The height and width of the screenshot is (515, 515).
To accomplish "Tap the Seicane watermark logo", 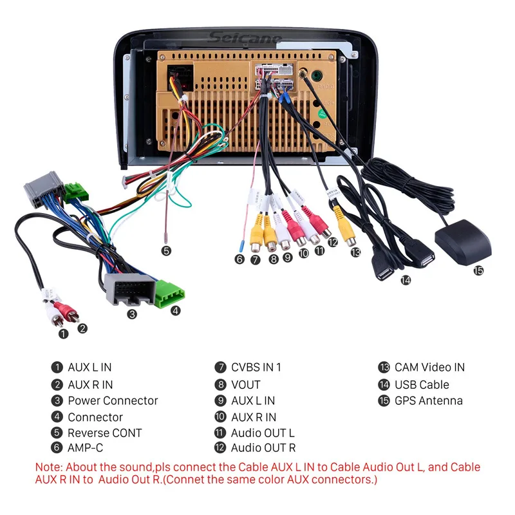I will (245, 38).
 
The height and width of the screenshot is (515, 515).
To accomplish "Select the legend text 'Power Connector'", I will (113, 400).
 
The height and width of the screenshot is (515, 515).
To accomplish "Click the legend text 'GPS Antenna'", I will (428, 400).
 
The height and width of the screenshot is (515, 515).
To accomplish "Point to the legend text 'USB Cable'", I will (422, 384).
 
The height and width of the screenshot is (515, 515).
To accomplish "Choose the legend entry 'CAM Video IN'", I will (429, 368).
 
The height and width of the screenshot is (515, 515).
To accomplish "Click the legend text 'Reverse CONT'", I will (104, 433).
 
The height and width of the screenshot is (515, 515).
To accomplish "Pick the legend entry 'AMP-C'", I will (86, 447).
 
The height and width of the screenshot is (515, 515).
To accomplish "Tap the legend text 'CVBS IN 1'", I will (256, 368).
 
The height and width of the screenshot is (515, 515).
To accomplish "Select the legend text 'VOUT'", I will (246, 384).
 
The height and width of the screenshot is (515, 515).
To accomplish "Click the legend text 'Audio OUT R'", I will (263, 447).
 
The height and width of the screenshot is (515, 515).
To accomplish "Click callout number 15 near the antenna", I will (478, 271).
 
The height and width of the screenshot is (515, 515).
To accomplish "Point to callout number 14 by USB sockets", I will (406, 280).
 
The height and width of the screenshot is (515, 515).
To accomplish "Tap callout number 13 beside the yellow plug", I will (356, 253).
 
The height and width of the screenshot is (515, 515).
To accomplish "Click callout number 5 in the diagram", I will (166, 251).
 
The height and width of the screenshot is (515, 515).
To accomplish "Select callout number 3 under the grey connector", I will (132, 314).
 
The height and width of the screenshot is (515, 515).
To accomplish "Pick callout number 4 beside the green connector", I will (175, 310).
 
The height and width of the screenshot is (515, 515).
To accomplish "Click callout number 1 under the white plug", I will (63, 333).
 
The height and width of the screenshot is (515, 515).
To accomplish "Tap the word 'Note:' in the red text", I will (49, 467).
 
